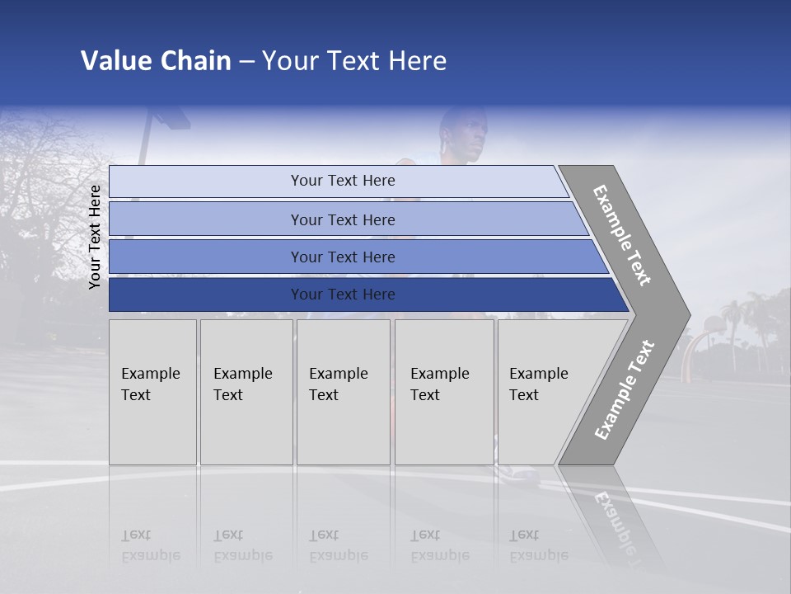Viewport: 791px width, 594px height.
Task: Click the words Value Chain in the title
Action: coord(156,61)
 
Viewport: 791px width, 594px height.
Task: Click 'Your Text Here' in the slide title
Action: coord(354,61)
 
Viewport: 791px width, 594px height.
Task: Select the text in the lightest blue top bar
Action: coord(343,181)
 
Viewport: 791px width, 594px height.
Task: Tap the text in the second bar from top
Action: coord(343,220)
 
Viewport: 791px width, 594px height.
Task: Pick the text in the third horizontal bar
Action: coord(343,257)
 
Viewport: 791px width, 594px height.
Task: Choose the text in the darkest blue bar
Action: coord(343,295)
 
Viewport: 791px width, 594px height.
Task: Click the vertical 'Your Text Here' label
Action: coord(95,237)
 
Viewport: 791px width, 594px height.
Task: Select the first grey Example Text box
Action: coord(152,392)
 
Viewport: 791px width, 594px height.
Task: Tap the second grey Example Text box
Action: coord(246,392)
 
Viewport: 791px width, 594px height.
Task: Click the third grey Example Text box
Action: coord(343,392)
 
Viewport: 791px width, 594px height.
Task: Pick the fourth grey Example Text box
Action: coord(444,392)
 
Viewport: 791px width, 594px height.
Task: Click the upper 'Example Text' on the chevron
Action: coord(622,235)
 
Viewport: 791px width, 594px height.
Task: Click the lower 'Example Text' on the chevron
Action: coord(625,390)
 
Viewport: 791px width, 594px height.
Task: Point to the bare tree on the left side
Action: coord(41,190)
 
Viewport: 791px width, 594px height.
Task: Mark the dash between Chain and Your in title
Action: coord(246,62)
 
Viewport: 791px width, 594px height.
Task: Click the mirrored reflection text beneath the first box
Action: coord(150,545)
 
